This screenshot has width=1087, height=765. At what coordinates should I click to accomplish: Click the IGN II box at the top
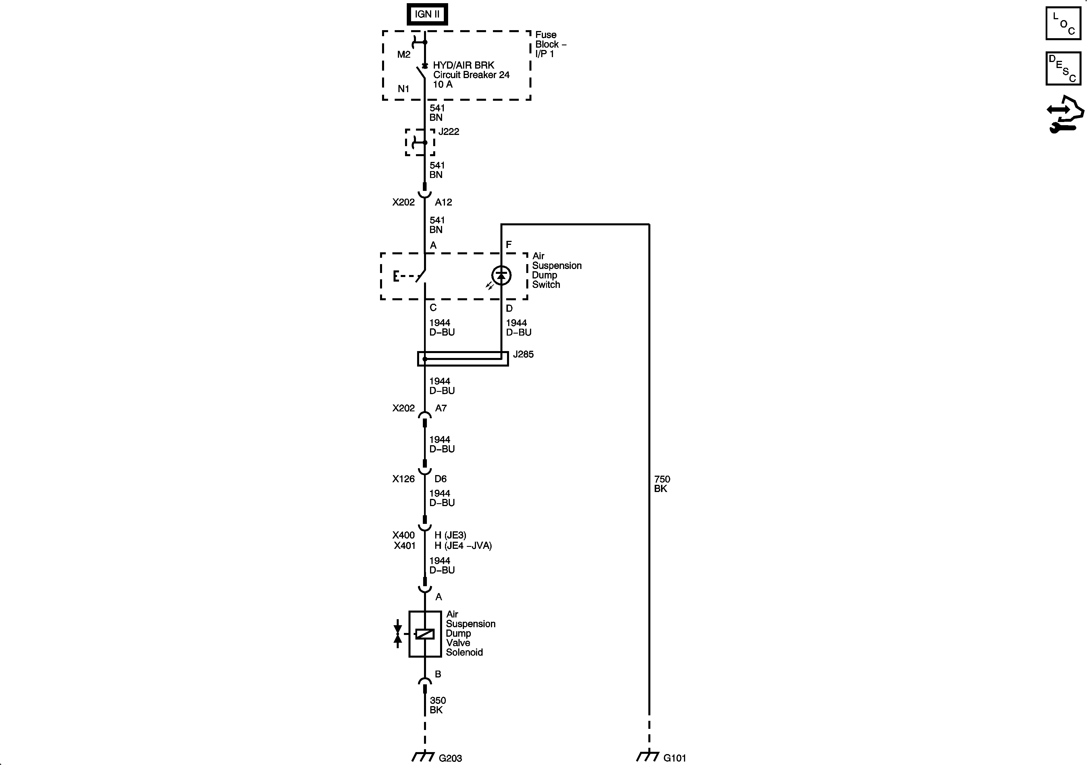click(427, 14)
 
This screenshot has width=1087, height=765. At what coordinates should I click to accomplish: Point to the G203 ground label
click(450, 758)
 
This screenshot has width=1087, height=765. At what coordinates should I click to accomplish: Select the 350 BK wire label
click(438, 705)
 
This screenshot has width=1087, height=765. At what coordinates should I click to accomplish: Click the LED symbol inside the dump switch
click(501, 275)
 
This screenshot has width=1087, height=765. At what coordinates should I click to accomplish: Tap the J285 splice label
click(523, 354)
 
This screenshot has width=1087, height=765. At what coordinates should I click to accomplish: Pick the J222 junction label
click(448, 131)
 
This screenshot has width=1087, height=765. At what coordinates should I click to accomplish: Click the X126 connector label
click(403, 479)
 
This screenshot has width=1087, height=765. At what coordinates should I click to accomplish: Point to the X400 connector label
click(403, 535)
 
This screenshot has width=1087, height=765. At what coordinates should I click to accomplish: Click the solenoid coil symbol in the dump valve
click(425, 634)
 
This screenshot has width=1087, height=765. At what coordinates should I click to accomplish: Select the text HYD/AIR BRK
click(463, 65)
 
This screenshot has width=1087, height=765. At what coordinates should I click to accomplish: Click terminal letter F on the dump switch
click(509, 245)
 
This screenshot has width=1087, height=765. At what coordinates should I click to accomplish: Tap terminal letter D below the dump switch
click(509, 308)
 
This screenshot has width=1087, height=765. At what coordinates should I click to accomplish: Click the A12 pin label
click(443, 202)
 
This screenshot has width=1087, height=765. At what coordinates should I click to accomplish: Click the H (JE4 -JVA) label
click(463, 545)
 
